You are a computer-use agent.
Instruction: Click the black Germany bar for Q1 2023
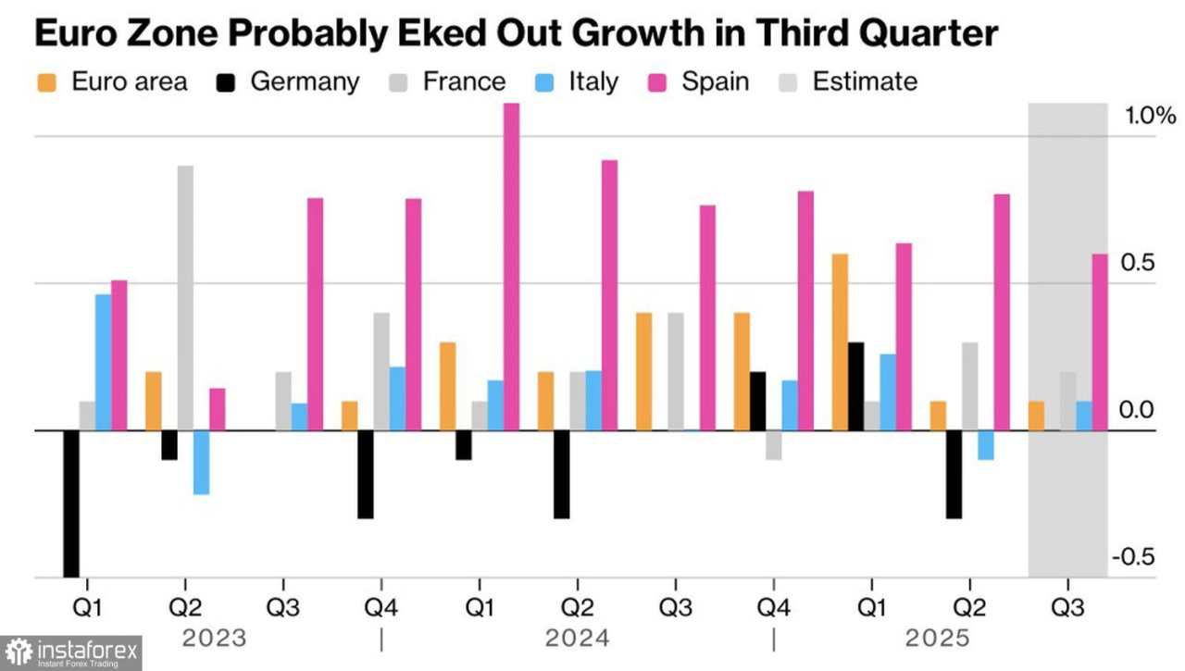(x=71, y=503)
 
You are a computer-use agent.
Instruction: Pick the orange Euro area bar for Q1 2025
(x=840, y=342)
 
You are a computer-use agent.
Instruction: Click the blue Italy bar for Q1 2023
(x=103, y=362)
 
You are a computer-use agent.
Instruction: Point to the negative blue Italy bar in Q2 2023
(x=201, y=463)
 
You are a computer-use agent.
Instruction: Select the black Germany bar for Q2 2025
(x=954, y=474)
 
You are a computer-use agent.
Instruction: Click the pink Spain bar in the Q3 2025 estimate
(x=1100, y=342)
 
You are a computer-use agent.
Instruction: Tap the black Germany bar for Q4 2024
(x=757, y=401)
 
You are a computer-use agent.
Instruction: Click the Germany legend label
(x=305, y=81)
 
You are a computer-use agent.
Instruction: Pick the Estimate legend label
(x=865, y=81)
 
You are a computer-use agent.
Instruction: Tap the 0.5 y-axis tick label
(x=1138, y=263)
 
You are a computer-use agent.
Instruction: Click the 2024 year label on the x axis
(x=577, y=639)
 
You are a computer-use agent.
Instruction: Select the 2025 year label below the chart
(x=937, y=639)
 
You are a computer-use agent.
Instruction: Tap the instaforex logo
(x=71, y=652)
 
